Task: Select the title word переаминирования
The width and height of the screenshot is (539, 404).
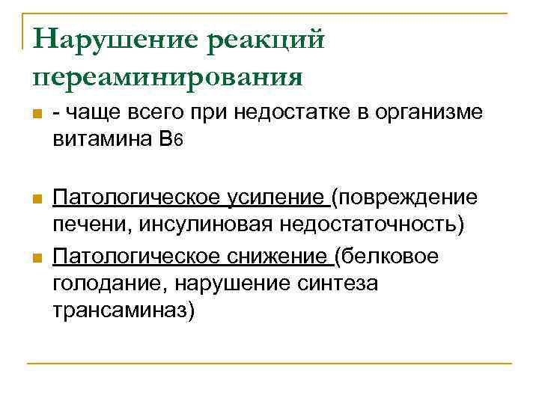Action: tap(168, 76)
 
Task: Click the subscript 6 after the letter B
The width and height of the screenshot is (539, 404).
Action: tap(178, 140)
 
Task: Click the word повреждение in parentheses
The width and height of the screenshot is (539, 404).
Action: tap(407, 198)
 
